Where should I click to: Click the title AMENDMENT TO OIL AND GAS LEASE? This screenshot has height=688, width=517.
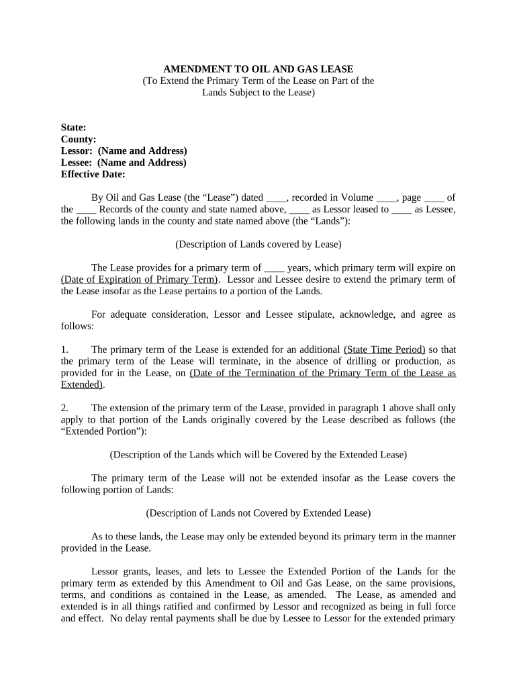click(258, 69)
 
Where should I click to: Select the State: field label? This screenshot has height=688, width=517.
click(73, 128)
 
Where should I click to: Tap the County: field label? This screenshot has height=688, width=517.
click(79, 139)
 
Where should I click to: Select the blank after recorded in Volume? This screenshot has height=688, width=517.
click(386, 198)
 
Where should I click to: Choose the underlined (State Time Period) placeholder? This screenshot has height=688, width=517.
click(384, 349)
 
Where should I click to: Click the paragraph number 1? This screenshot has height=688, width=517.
click(64, 349)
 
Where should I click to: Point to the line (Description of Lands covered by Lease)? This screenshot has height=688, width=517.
click(258, 244)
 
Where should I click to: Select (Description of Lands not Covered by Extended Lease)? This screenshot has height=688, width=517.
click(258, 513)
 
